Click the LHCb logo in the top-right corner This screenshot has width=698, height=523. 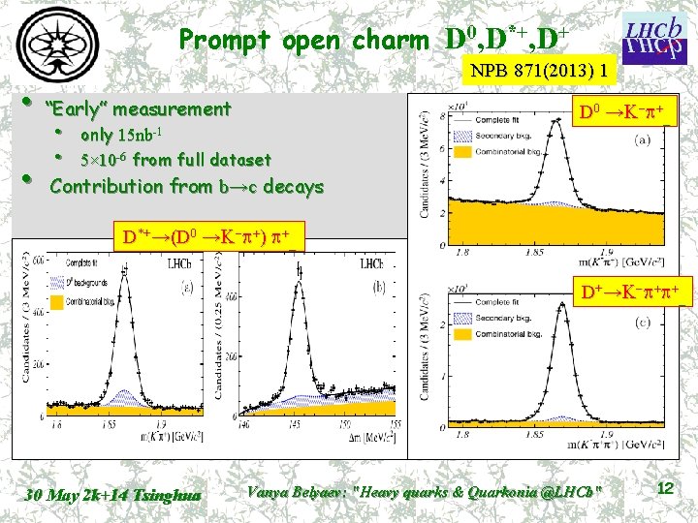click(x=655, y=36)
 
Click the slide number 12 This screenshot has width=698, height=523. click(x=665, y=489)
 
